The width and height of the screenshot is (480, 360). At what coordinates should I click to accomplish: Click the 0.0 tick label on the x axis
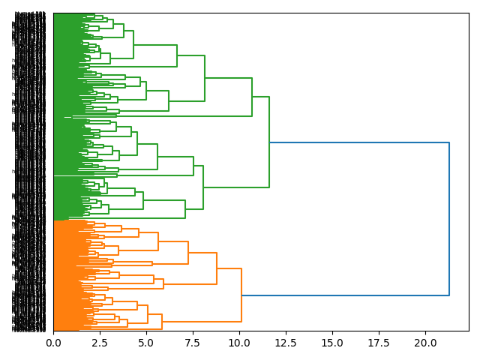53,342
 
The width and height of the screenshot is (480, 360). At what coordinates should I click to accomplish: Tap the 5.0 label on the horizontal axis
146,342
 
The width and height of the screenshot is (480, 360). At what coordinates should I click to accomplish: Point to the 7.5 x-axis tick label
193,342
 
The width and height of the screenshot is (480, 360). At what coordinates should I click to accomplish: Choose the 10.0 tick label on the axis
239,342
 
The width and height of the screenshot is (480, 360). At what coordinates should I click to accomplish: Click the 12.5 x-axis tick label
286,342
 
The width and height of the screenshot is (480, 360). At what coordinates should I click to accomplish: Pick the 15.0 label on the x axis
332,342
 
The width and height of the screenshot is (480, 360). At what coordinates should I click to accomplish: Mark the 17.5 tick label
379,342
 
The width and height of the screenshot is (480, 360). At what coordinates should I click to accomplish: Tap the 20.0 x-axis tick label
425,342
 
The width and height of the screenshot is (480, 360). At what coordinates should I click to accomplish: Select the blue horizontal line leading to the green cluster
359,142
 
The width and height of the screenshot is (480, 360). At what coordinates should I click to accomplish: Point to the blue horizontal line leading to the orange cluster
345,295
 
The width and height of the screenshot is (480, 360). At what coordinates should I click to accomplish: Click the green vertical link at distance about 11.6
269,142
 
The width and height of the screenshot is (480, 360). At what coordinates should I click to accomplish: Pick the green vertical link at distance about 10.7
252,97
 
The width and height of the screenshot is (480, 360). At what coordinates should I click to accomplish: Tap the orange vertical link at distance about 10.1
241,295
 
